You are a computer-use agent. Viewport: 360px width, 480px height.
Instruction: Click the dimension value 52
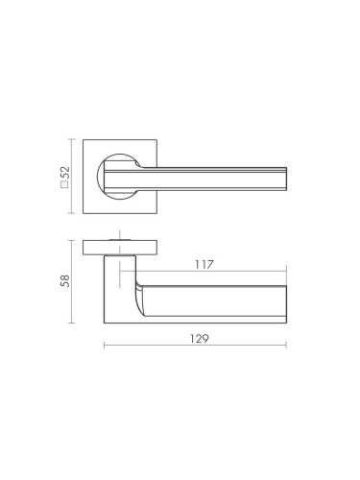pos(65,173)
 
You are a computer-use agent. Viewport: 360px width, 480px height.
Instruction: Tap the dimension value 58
pos(65,281)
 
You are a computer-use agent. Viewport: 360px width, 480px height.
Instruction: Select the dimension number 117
pos(204,265)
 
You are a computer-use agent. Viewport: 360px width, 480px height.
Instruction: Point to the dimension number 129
pos(199,338)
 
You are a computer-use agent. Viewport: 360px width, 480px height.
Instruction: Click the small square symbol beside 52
pos(65,184)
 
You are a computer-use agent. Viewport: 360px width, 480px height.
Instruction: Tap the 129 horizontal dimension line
pos(195,346)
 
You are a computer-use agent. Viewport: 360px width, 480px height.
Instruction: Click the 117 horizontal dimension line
pos(203,272)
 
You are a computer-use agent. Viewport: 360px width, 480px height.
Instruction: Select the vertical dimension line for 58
pos(72,281)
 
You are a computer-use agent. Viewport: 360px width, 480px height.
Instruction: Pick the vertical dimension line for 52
pos(72,177)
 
